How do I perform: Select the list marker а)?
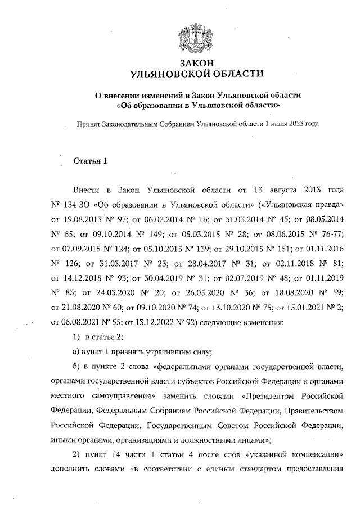coord(78,353)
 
